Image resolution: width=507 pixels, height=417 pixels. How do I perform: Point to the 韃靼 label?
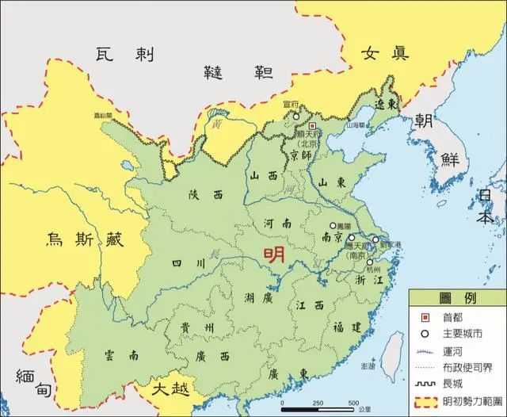pyautogui.click(x=238, y=72)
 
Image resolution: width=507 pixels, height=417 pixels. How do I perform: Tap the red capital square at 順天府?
pyautogui.click(x=312, y=125)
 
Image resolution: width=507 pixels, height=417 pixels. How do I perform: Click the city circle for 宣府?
pyautogui.click(x=296, y=117)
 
